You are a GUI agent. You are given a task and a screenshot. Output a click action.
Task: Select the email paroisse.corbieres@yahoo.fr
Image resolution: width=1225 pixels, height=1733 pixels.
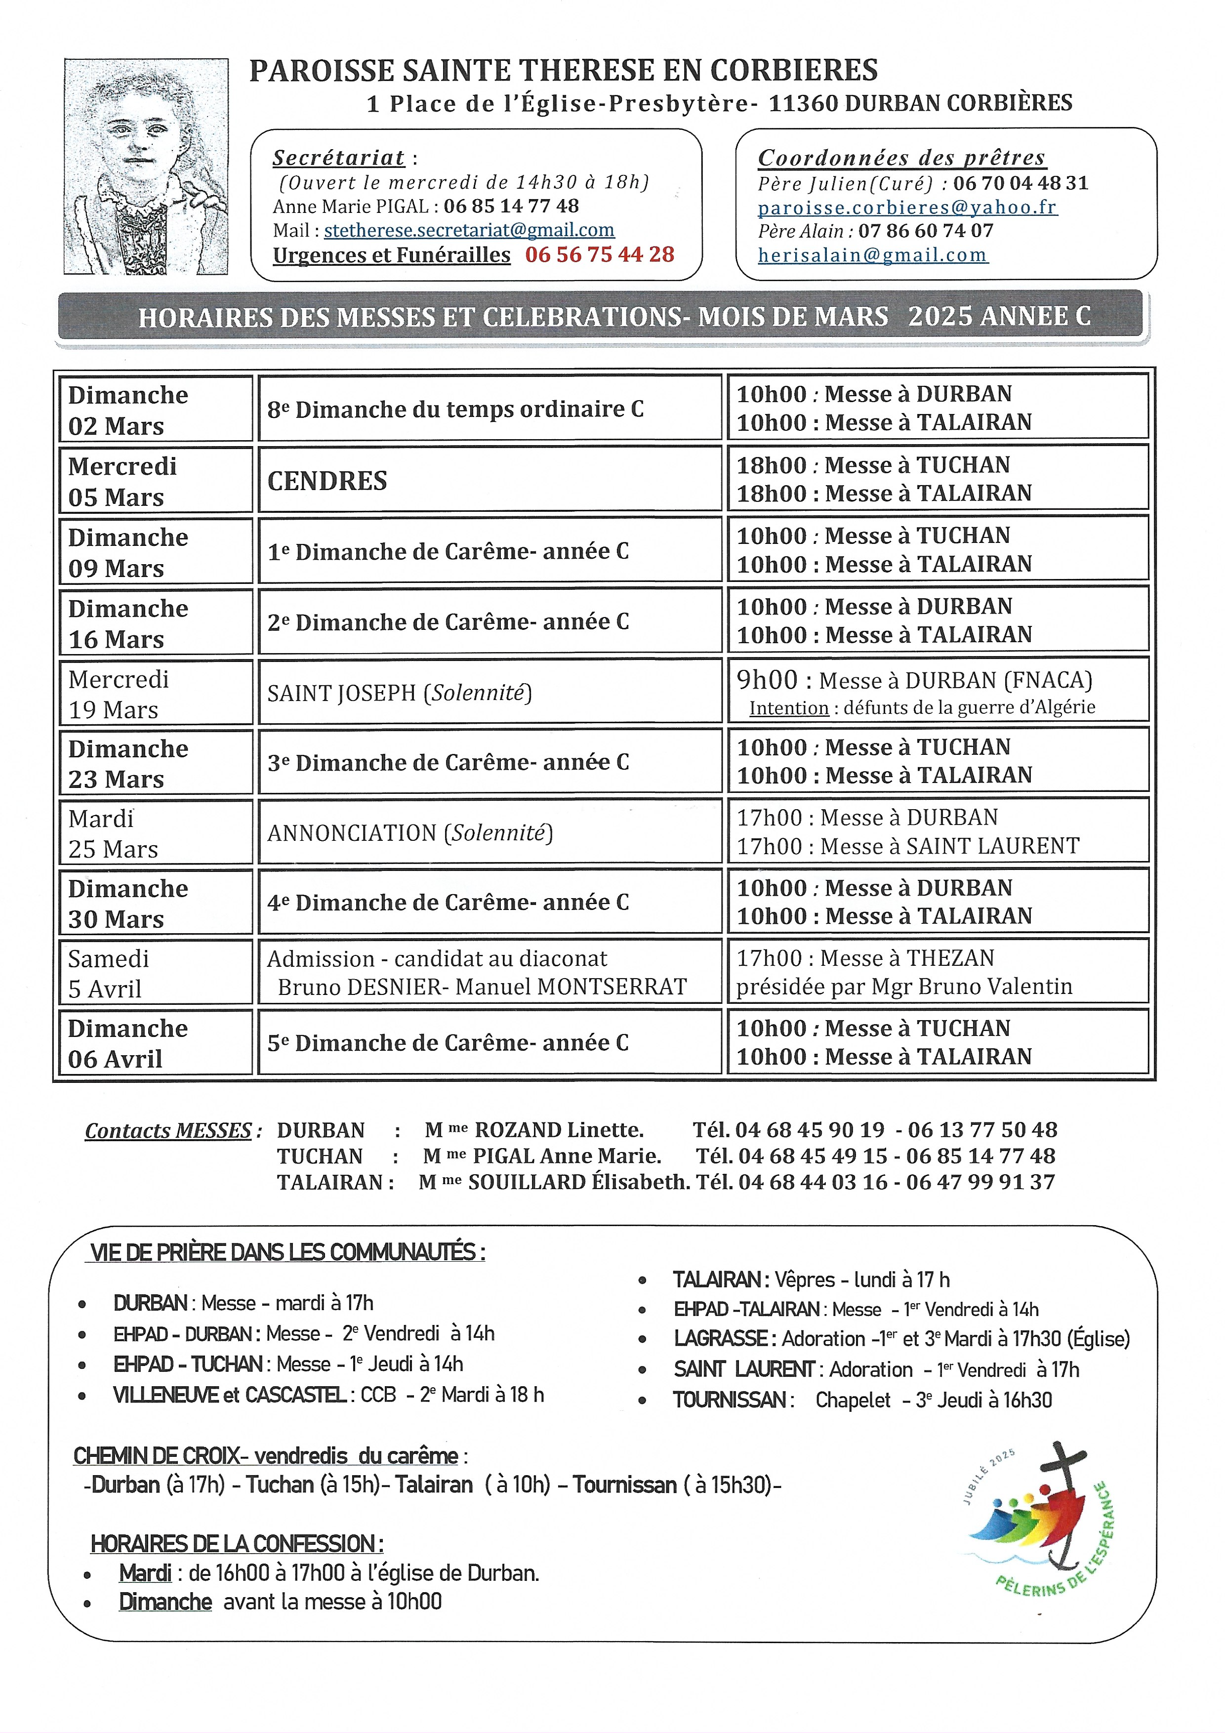tap(907, 207)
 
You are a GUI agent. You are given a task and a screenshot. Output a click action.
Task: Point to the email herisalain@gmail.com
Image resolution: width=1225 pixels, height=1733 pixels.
tap(872, 255)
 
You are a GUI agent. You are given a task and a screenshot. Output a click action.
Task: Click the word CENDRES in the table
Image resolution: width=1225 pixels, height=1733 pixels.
tap(327, 481)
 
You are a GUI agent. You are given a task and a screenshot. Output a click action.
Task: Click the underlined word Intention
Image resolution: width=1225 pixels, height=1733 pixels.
tap(789, 707)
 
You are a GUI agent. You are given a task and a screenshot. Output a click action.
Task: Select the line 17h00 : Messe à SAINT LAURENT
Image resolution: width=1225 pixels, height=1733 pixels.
tap(908, 846)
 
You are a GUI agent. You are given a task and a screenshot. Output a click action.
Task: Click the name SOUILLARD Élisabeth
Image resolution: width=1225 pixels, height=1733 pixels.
tap(578, 1182)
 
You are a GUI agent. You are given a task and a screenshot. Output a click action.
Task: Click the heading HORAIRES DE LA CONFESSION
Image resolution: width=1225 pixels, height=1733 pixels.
tap(236, 1544)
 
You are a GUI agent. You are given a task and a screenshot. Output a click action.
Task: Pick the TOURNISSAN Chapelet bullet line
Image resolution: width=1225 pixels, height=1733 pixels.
tap(862, 1400)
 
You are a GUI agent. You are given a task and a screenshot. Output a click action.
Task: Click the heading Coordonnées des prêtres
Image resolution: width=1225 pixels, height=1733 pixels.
tap(901, 158)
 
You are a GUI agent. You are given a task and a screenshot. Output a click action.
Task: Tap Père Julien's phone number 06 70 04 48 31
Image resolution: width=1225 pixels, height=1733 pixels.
tap(1021, 183)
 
